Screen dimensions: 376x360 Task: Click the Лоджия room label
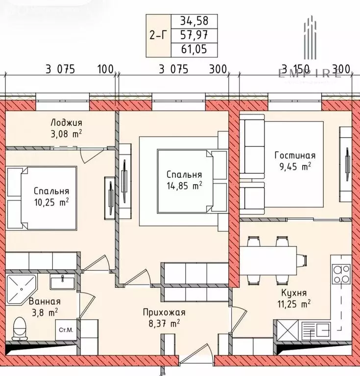[x=67, y=123]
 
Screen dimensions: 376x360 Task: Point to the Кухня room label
[x=294, y=293]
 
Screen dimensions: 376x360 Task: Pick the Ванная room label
[x=45, y=302]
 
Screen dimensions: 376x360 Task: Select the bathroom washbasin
[x=62, y=282]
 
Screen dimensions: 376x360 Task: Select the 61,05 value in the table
[x=193, y=49]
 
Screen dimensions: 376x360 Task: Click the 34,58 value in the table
[x=193, y=21]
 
